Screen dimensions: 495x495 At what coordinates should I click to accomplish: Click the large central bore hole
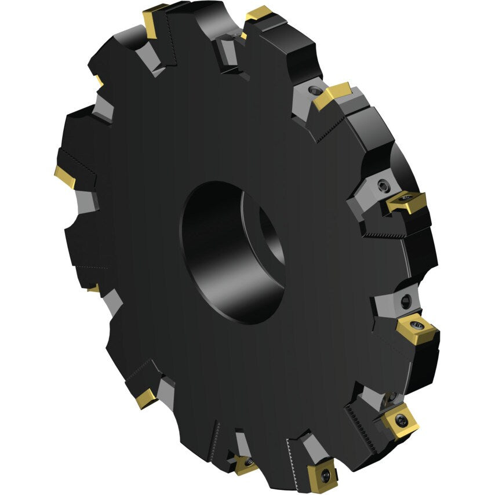tap(229, 252)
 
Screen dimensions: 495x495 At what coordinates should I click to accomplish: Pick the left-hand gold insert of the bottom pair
tap(246, 464)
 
